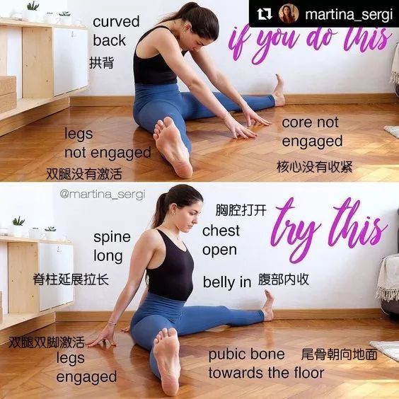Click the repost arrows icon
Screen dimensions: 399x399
264,14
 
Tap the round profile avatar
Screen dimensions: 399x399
289,13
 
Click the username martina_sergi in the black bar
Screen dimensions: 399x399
349,15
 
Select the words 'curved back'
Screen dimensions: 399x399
116,31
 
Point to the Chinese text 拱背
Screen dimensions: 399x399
101,62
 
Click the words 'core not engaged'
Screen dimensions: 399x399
312,132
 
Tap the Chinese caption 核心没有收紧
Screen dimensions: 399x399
315,167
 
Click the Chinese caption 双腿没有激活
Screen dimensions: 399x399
84,174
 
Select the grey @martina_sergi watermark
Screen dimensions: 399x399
103,195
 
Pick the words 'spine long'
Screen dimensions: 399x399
112,247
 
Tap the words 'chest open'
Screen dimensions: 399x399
221,241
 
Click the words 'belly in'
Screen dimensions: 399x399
227,282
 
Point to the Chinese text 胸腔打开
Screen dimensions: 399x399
241,210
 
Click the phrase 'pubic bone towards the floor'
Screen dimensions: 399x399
266,364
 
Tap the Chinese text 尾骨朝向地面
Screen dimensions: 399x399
339,354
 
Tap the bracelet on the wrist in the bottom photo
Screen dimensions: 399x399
112,323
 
